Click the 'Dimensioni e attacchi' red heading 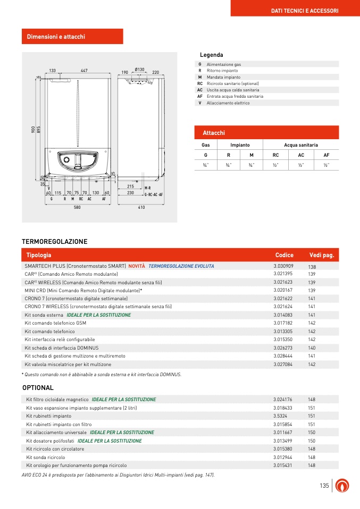click(x=56, y=37)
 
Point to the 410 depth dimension click(x=141, y=207)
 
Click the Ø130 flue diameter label click(x=140, y=70)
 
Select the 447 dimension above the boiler click(x=84, y=71)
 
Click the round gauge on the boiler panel click(x=67, y=161)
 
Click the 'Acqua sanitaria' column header click(x=301, y=145)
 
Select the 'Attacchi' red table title click(x=214, y=132)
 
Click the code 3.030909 click(x=283, y=265)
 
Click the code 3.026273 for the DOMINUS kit click(x=283, y=347)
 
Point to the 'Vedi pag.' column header click(x=321, y=255)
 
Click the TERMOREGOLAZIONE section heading click(x=54, y=242)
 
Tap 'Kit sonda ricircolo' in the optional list click(x=46, y=457)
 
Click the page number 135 click(x=324, y=486)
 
